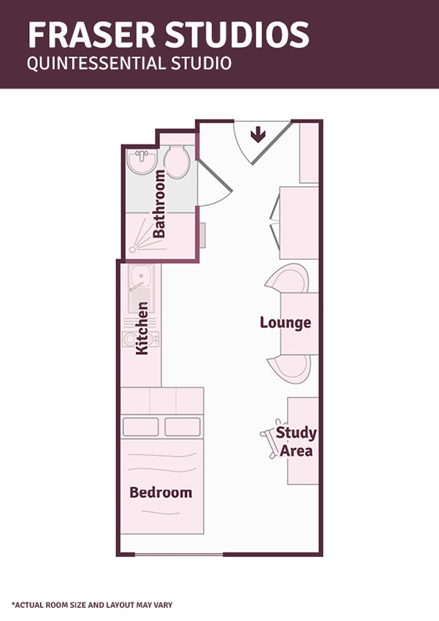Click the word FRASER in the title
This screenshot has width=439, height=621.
point(91,35)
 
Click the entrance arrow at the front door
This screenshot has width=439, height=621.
point(258,134)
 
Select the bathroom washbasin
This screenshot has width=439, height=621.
point(142,161)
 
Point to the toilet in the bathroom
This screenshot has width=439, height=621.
point(177,161)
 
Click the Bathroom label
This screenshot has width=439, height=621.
point(159,204)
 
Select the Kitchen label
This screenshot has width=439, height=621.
point(142,328)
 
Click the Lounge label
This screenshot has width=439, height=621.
point(286,323)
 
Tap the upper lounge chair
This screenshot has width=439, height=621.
point(288,278)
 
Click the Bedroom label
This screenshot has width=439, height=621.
point(161,492)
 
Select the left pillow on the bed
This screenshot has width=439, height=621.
point(140,427)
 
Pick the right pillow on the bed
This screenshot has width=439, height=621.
point(183,427)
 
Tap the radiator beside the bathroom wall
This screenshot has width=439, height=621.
point(202,235)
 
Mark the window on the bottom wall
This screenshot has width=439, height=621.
point(179,555)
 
